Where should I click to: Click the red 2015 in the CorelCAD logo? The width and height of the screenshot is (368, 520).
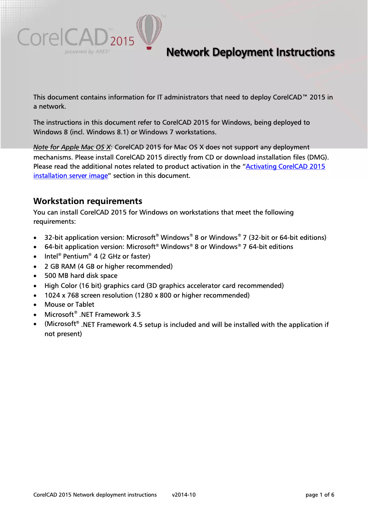123,42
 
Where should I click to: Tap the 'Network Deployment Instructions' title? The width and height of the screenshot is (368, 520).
250,52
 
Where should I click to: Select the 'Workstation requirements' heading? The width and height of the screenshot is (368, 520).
88,201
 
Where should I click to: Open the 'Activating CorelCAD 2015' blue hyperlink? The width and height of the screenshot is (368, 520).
285,166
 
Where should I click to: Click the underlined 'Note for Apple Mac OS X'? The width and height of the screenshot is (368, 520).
72,147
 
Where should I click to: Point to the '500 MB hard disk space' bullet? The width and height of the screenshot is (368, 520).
81,276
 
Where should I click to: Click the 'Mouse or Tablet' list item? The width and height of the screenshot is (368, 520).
69,304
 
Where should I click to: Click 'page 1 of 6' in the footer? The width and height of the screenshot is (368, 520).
319,495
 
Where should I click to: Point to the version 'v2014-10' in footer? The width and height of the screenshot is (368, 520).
184,495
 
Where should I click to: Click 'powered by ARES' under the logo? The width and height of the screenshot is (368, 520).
87,52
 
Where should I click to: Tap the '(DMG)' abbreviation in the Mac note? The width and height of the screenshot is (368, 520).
318,157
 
